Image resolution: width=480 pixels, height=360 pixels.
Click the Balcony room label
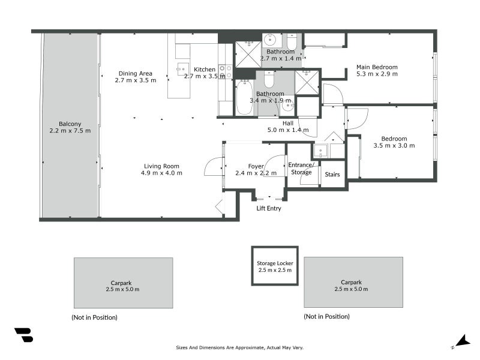70,124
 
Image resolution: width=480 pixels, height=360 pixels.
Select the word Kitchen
204,70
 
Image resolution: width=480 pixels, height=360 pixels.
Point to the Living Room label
161,166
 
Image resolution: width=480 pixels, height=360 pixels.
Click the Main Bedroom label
377,67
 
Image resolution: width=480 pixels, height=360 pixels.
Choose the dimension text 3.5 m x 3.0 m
390,145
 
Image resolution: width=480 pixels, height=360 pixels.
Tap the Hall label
287,123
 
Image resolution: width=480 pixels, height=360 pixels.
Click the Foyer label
256,166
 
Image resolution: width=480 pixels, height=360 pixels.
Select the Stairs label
332,175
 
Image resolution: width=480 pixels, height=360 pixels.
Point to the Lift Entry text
268,209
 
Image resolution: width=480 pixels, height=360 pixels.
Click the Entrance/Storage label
301,169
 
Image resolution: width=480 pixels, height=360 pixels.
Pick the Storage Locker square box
274,266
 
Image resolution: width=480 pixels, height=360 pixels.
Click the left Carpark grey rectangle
124,283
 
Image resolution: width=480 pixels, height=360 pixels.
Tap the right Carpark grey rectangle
353,283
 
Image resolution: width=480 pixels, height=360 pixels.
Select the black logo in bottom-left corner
23,335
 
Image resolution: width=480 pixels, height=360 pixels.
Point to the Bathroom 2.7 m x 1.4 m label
280,55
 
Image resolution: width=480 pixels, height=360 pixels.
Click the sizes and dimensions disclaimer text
239,347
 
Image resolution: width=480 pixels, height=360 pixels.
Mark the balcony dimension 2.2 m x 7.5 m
70,131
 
